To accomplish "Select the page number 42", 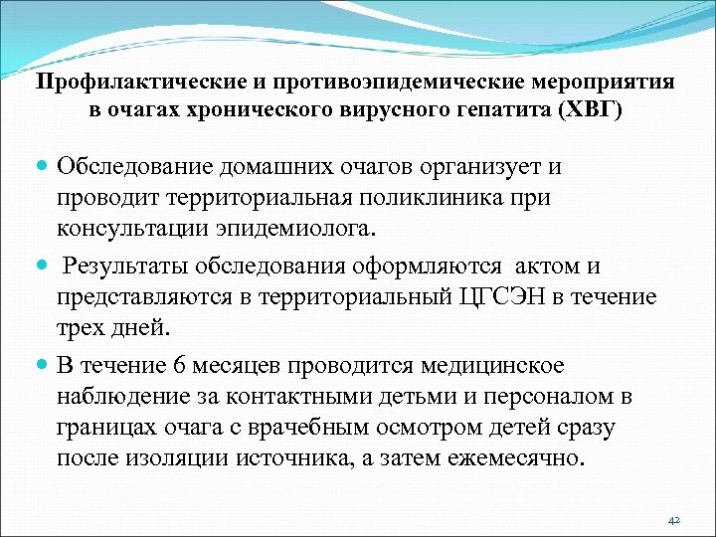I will click(x=672, y=520).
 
